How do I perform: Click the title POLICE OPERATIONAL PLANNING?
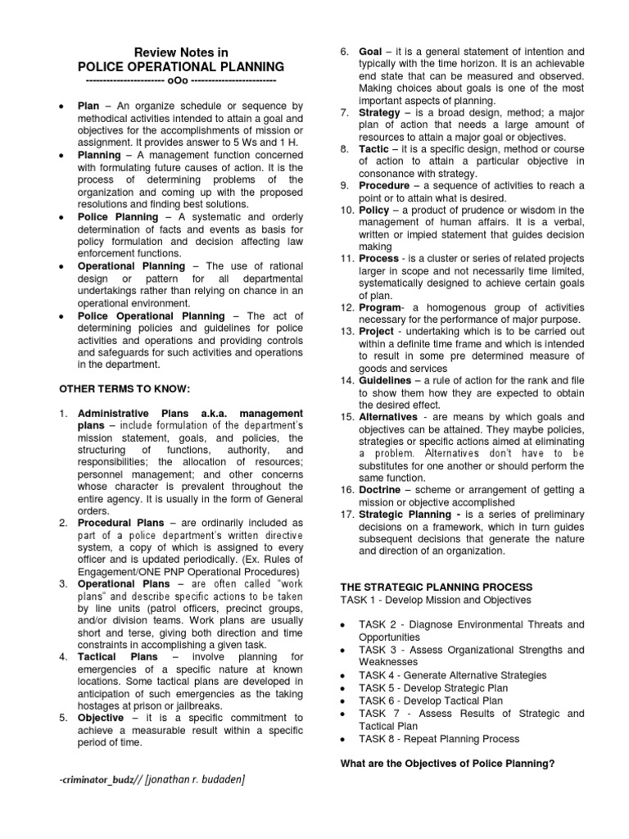181,66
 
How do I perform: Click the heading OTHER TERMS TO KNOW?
124,387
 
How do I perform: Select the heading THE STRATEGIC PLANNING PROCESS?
436,587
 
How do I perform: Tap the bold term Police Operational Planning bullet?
151,316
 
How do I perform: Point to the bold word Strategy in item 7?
379,112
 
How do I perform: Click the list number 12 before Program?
346,306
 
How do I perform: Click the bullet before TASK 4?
341,675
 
